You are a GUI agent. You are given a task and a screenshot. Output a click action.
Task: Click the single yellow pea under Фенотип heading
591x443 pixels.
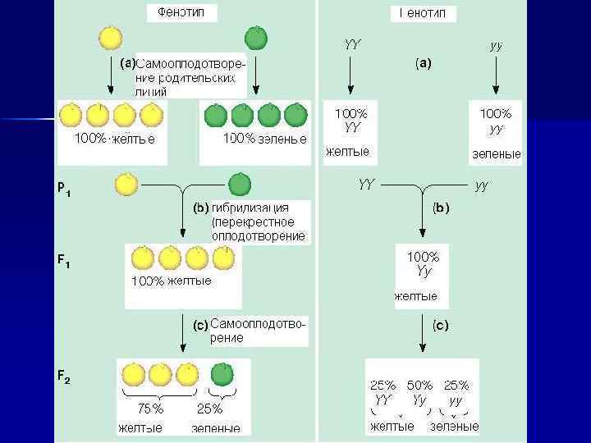click(110, 38)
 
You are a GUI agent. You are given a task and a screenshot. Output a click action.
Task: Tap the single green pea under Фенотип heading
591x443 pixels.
click(256, 38)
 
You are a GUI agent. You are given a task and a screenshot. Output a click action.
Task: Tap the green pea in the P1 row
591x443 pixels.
click(240, 185)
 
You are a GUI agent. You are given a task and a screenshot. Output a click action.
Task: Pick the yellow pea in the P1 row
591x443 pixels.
click(126, 185)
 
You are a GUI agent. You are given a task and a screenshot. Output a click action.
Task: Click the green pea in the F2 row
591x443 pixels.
click(222, 374)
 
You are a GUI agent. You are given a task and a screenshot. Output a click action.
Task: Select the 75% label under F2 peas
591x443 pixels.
click(150, 409)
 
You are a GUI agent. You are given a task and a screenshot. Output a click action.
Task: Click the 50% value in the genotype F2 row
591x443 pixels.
click(419, 386)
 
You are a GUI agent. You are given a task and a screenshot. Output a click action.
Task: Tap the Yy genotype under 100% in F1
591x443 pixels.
click(424, 270)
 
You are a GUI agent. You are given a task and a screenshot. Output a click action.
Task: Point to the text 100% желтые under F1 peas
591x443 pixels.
click(172, 281)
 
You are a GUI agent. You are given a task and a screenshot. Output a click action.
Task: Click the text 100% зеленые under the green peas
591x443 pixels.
click(264, 138)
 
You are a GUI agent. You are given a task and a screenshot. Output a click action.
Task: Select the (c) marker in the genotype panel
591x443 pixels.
click(440, 326)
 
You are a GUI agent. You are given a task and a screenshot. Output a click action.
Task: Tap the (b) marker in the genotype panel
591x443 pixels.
click(440, 208)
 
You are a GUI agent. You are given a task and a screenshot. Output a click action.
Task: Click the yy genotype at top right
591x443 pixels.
click(496, 46)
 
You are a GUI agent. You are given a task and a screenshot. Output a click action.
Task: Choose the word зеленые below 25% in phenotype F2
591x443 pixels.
click(215, 427)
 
